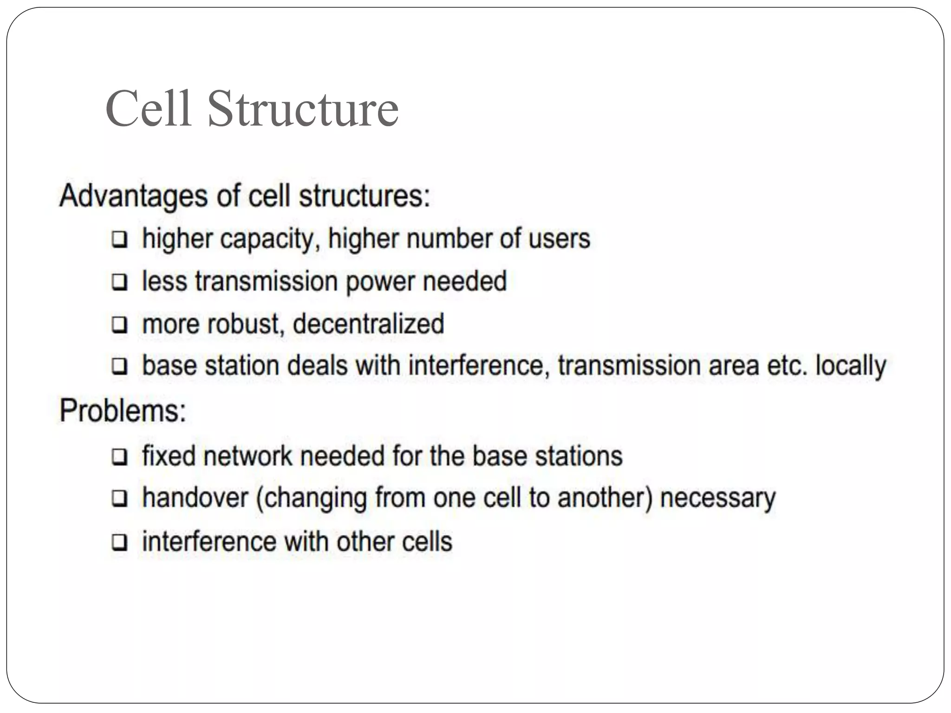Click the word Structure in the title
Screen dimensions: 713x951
(303, 109)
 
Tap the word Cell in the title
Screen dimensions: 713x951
(149, 109)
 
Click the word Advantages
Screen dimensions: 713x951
(133, 196)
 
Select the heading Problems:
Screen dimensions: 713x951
(123, 411)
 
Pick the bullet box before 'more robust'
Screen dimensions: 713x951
(119, 324)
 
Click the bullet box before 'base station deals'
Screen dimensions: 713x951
(119, 366)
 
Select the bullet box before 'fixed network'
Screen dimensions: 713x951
(119, 457)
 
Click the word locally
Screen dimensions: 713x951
(851, 366)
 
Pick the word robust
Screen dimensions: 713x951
(243, 324)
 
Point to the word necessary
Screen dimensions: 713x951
(717, 499)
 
